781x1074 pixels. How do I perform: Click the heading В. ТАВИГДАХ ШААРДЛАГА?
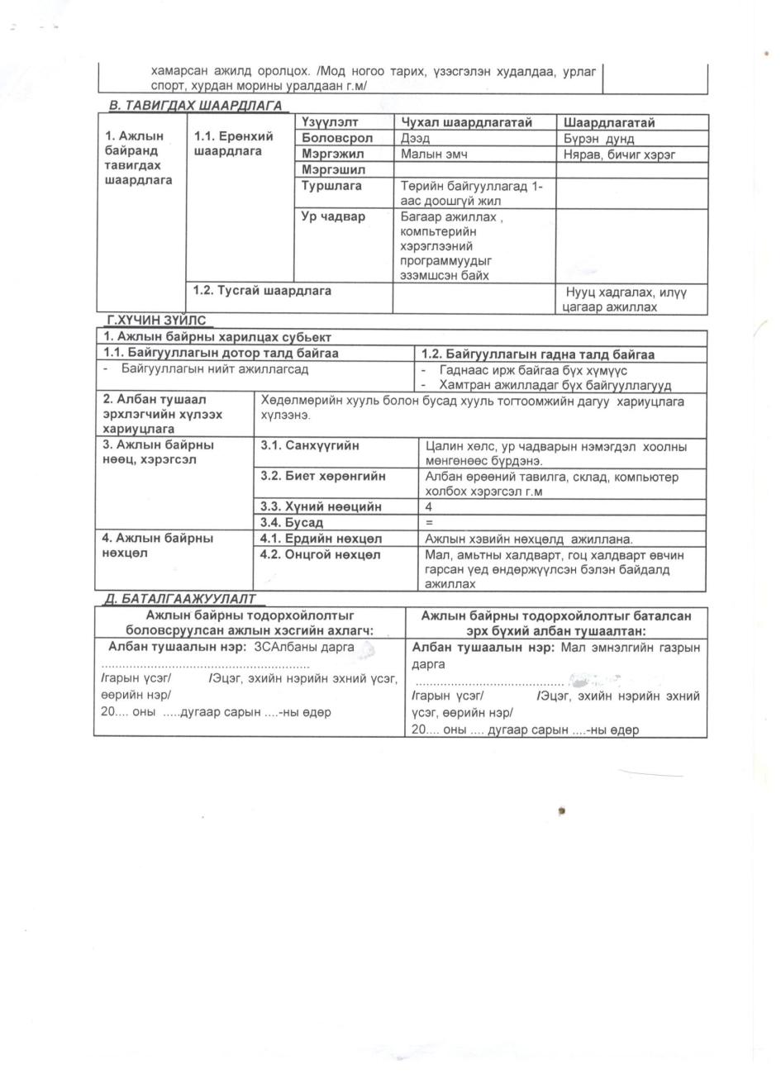195,106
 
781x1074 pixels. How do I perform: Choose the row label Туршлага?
331,186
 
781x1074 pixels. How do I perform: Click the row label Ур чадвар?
333,216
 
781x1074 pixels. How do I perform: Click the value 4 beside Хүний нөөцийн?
428,506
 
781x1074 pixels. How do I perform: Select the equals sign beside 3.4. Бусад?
428,522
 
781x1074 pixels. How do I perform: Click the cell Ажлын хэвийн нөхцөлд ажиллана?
528,539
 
